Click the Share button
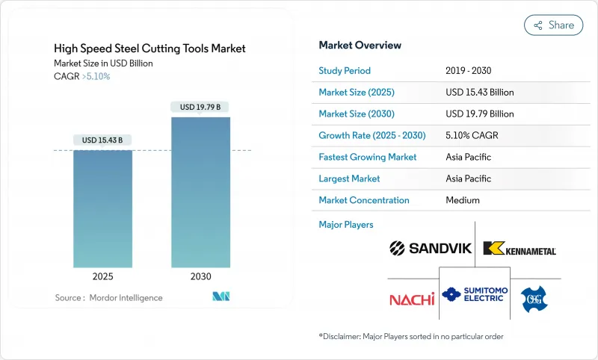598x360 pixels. tap(553, 25)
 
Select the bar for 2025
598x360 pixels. tap(103, 208)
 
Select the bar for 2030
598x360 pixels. tap(200, 192)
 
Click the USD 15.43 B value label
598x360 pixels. tap(102, 140)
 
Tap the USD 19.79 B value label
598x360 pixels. tap(200, 107)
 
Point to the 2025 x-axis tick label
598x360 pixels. tap(103, 276)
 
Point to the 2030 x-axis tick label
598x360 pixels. tap(200, 276)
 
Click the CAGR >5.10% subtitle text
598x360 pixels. tap(82, 76)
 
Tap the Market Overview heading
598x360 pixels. tap(360, 45)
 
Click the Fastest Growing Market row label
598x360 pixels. tap(368, 157)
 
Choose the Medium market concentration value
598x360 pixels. tap(462, 200)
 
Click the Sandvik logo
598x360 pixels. tap(431, 248)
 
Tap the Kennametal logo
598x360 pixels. tap(519, 249)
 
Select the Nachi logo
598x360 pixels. tap(411, 299)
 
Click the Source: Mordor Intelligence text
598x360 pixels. tap(108, 297)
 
